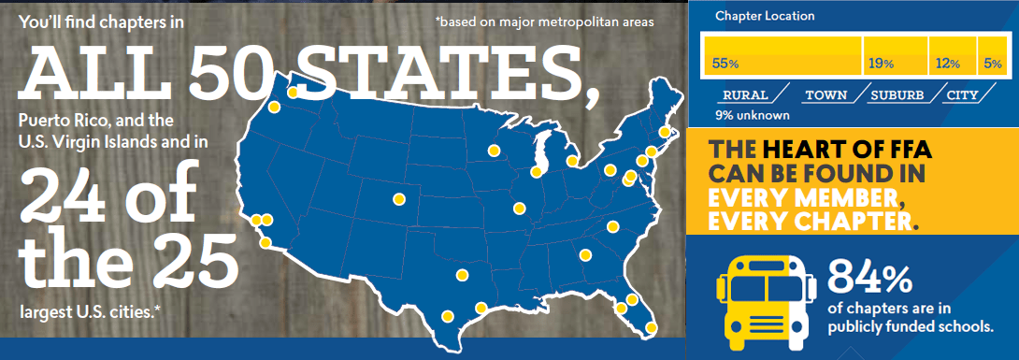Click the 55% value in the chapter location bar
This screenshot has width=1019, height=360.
725,64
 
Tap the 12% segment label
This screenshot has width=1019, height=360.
947,64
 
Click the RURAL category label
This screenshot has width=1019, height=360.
745,95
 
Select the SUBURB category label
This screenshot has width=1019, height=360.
897,95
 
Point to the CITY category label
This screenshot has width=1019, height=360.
962,95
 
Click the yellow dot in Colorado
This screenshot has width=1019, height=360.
399,198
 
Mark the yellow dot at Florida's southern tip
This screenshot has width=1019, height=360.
651,327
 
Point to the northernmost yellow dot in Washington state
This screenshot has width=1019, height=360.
293,92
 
